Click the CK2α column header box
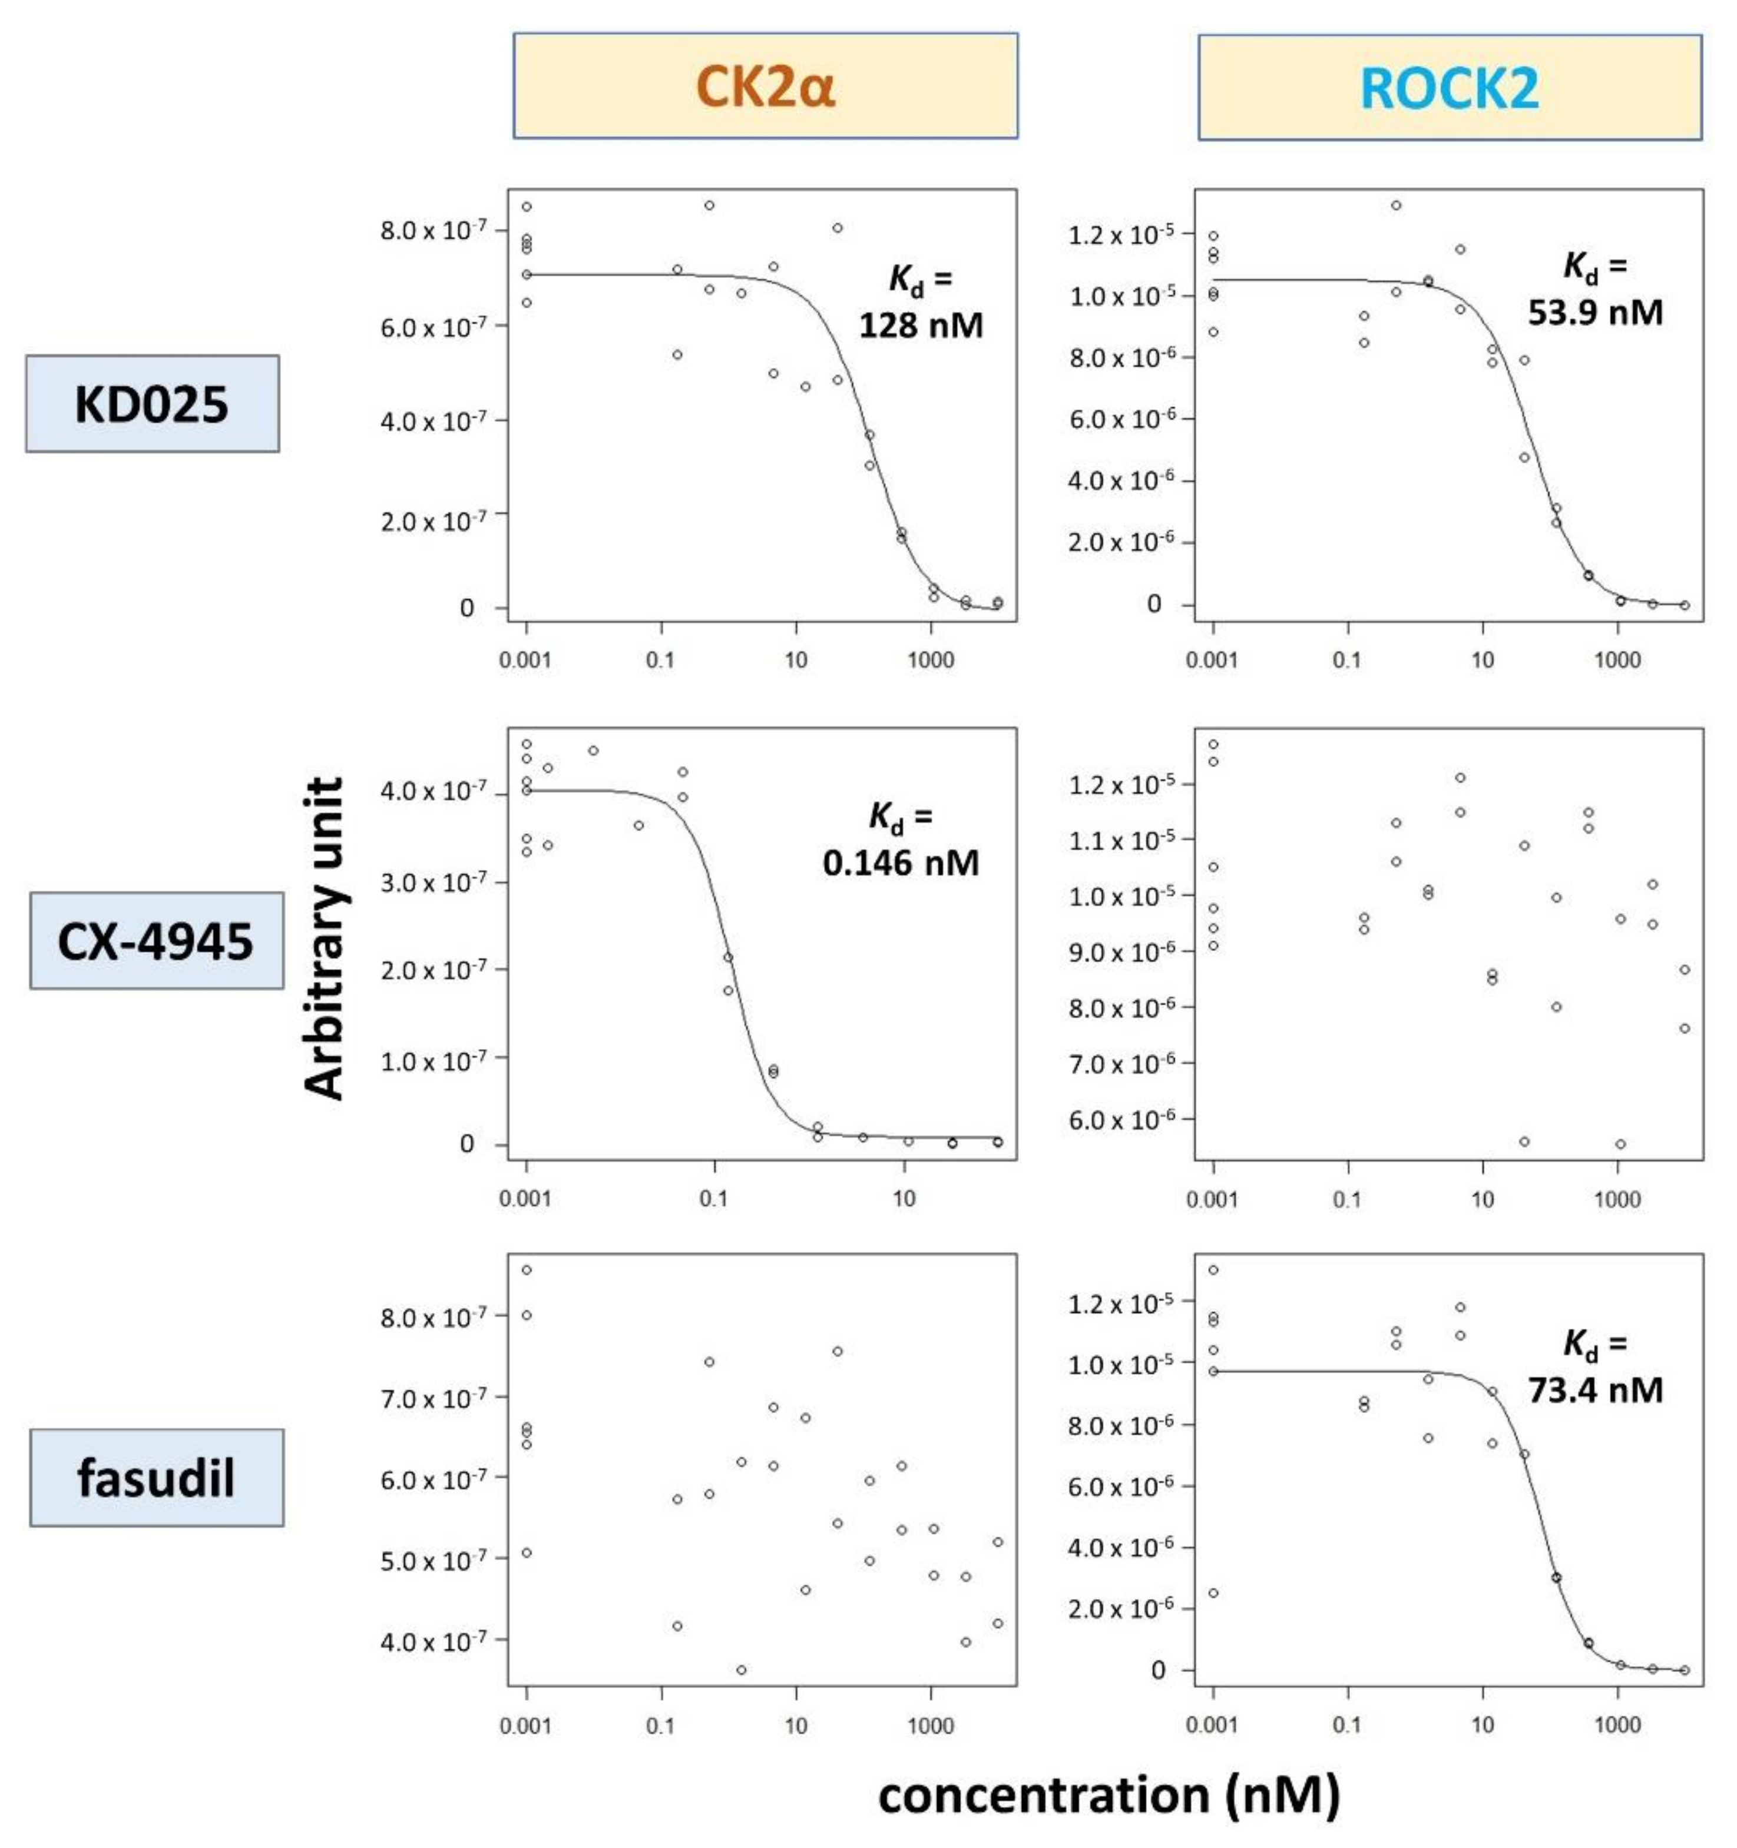765,87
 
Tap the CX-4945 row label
155,941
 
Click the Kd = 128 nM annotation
919,302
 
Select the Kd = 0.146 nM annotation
900,840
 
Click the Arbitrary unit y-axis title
326,939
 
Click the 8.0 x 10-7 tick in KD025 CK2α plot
432,230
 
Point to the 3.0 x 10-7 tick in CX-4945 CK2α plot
432,881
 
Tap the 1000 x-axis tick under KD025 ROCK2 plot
1617,660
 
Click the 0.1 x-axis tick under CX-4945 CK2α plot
713,1198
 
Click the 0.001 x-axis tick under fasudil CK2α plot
525,1726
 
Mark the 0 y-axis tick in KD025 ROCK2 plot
1153,604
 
